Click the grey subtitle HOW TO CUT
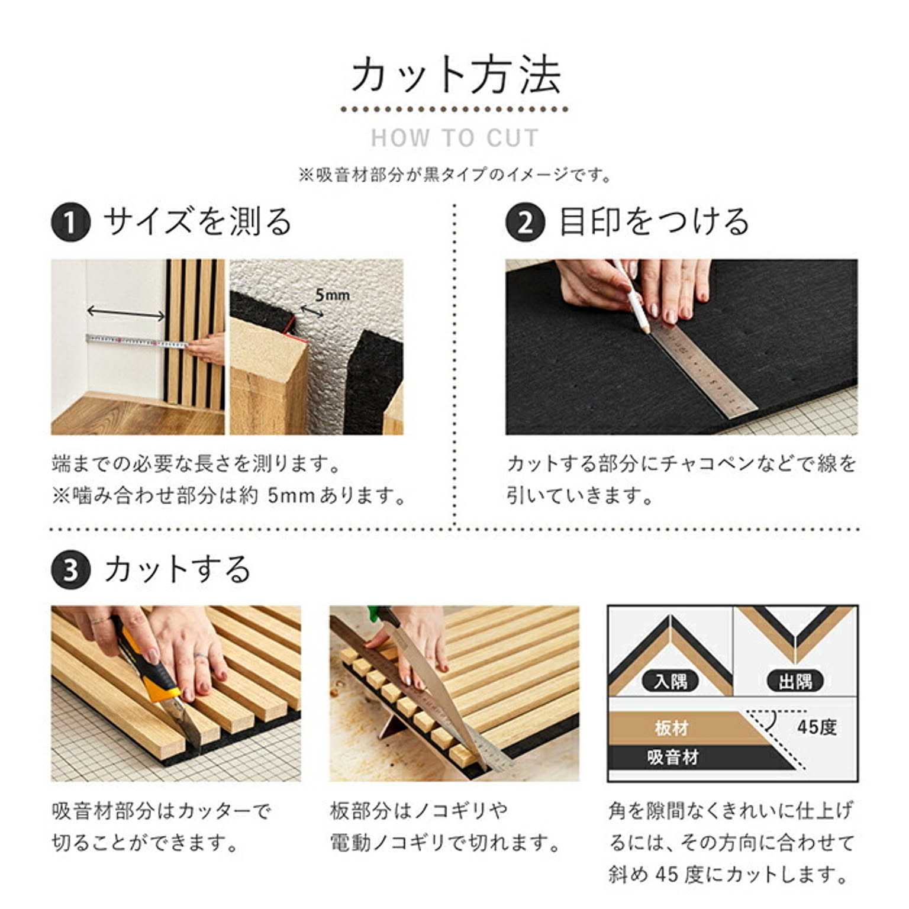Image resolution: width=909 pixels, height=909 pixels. pyautogui.click(x=454, y=138)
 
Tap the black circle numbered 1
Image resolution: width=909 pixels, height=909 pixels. pyautogui.click(x=70, y=223)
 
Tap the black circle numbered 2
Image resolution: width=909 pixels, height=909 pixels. pyautogui.click(x=525, y=223)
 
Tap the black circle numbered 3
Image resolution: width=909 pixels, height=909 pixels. pyautogui.click(x=70, y=570)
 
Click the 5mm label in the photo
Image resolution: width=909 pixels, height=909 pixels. pyautogui.click(x=332, y=294)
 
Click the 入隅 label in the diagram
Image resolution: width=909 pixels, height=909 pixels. pyautogui.click(x=671, y=681)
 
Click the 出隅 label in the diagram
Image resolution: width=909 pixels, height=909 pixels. pyautogui.click(x=795, y=681)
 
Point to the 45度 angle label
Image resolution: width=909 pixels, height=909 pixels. pyautogui.click(x=817, y=726)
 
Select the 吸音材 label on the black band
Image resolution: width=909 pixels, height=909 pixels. pyautogui.click(x=673, y=756)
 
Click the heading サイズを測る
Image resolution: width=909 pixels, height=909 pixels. pyautogui.click(x=198, y=222)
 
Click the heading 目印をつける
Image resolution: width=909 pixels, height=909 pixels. pyautogui.click(x=655, y=222)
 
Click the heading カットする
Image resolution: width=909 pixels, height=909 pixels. pyautogui.click(x=178, y=569)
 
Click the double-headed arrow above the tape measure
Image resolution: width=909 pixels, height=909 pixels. pyautogui.click(x=125, y=313)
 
